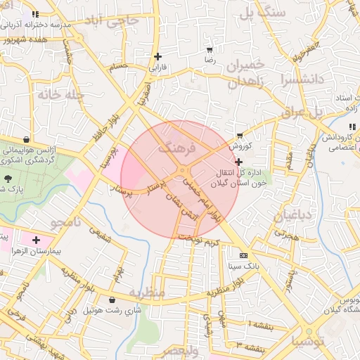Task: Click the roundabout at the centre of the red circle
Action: pyautogui.click(x=182, y=171)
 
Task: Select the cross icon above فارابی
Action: pyautogui.click(x=158, y=56)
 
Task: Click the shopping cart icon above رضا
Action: pyautogui.click(x=209, y=50)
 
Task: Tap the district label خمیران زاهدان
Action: pyautogui.click(x=246, y=74)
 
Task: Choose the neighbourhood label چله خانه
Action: pyautogui.click(x=61, y=94)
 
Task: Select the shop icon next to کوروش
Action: pyautogui.click(x=240, y=136)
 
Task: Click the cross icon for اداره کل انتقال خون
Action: pyautogui.click(x=240, y=162)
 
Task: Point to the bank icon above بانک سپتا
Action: pyautogui.click(x=244, y=255)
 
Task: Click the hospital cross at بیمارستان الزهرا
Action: pyautogui.click(x=36, y=240)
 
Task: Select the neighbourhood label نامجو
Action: pyautogui.click(x=65, y=223)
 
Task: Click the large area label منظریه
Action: pyautogui.click(x=146, y=292)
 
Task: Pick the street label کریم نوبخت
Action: pyautogui.click(x=200, y=240)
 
